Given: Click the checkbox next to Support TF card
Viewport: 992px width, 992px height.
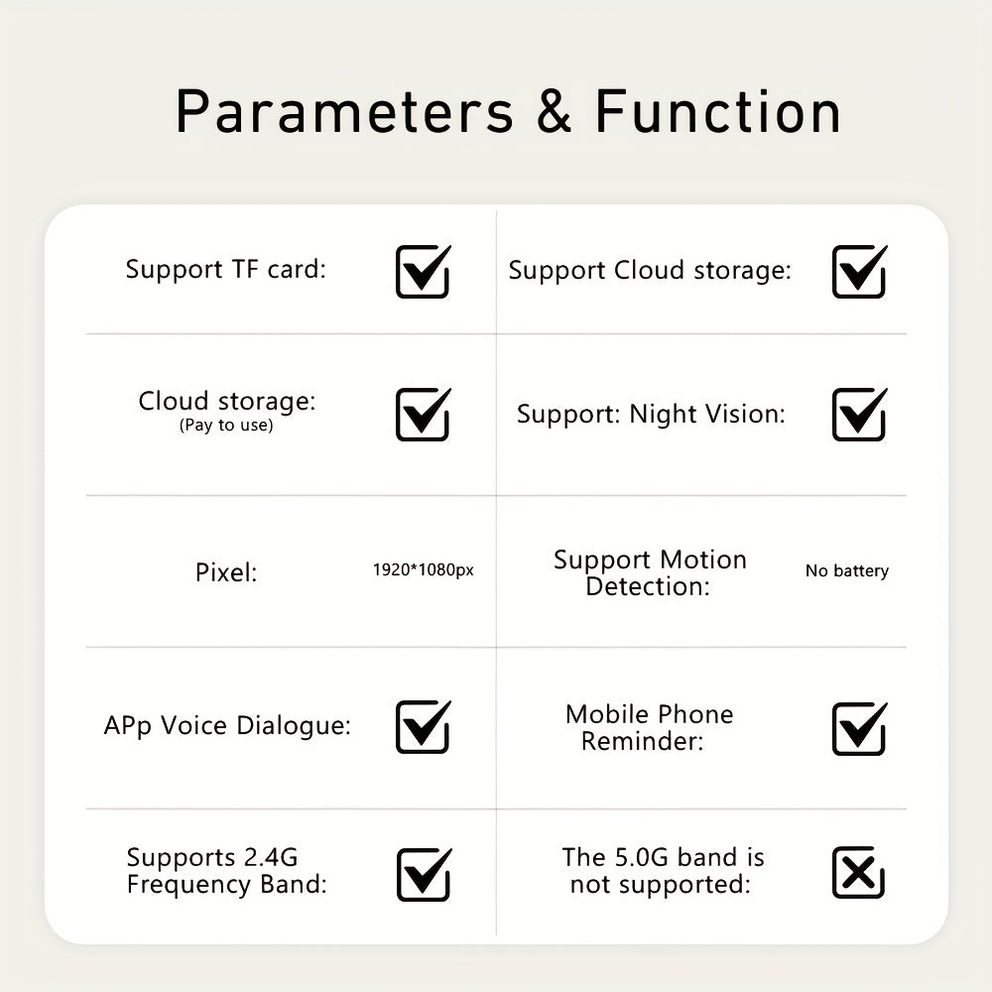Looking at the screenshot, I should click(x=423, y=272).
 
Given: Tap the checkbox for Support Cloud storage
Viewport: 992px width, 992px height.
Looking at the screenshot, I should click(x=858, y=272).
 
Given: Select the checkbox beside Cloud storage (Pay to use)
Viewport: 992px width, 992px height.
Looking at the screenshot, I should click(x=423, y=415).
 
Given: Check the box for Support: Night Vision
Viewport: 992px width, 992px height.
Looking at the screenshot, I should click(x=858, y=415).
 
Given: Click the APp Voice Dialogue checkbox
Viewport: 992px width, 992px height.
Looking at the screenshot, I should click(x=423, y=727).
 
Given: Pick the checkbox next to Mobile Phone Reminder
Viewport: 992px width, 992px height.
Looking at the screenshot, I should click(x=858, y=729).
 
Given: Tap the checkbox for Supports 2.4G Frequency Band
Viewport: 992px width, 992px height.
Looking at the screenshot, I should click(x=423, y=875).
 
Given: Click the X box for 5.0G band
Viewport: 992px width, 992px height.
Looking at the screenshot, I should click(x=858, y=873).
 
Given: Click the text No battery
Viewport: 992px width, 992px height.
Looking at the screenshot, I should click(x=846, y=570).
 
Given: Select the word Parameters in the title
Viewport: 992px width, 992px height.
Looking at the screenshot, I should click(x=344, y=112).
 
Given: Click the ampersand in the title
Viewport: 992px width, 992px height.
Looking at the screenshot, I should click(x=555, y=112).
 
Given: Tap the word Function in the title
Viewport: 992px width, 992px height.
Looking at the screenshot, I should click(x=717, y=112).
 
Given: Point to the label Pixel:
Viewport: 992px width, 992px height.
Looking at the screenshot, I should click(x=226, y=572).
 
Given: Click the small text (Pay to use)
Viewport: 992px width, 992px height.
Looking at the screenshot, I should click(x=226, y=426).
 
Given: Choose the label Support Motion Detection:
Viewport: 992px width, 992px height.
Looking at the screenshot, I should click(x=650, y=572).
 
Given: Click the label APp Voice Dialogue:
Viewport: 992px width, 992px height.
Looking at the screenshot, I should click(x=227, y=726).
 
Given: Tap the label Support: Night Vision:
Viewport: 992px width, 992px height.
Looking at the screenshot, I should click(x=651, y=414).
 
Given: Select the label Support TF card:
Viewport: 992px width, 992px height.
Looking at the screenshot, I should click(x=225, y=269).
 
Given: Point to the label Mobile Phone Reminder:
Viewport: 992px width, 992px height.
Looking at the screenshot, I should click(x=649, y=727).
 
